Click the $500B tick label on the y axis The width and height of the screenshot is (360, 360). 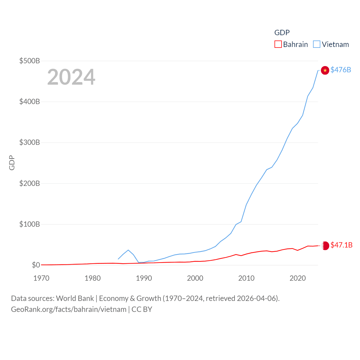pyautogui.click(x=30, y=61)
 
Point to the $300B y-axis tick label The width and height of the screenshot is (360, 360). pyautogui.click(x=30, y=142)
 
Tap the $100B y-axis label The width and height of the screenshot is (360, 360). pyautogui.click(x=30, y=224)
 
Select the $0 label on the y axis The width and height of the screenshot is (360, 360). pyautogui.click(x=36, y=265)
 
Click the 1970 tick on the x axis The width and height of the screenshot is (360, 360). pyautogui.click(x=41, y=278)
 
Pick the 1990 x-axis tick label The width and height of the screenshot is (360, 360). pyautogui.click(x=144, y=278)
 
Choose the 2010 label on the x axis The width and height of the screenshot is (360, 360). pyautogui.click(x=246, y=278)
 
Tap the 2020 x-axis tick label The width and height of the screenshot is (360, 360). pyautogui.click(x=298, y=278)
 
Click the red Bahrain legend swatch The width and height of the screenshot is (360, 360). pyautogui.click(x=278, y=44)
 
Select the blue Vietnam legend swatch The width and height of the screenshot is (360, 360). pyautogui.click(x=317, y=44)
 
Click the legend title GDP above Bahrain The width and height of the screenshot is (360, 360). pyautogui.click(x=282, y=33)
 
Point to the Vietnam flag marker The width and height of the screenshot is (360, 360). pyautogui.click(x=325, y=70)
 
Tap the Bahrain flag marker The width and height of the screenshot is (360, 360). pyautogui.click(x=325, y=246)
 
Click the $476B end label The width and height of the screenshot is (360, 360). pyautogui.click(x=341, y=70)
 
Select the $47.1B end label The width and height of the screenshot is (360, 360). pyautogui.click(x=341, y=245)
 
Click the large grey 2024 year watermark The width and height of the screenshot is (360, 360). pyautogui.click(x=71, y=77)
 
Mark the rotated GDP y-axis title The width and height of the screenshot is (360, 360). pyautogui.click(x=12, y=163)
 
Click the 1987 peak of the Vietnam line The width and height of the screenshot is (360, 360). pyautogui.click(x=128, y=250)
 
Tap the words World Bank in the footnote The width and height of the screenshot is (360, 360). pyautogui.click(x=75, y=298)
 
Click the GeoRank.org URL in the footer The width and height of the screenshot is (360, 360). pyautogui.click(x=69, y=309)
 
